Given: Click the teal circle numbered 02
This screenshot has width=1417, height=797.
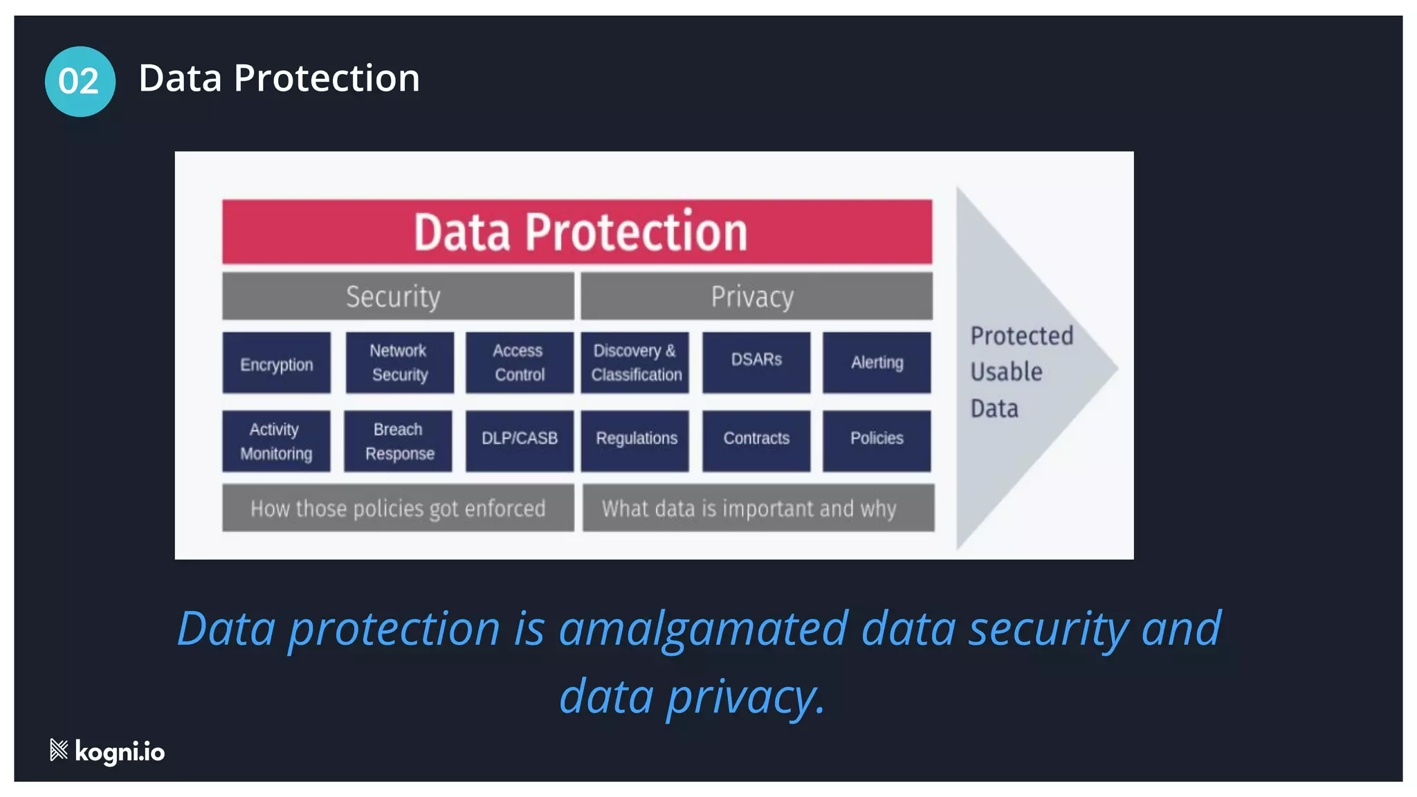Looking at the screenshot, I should coord(80,81).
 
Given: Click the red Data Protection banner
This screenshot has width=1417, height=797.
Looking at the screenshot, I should coord(577,232).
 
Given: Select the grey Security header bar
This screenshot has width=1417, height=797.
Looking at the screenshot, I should coord(398,296).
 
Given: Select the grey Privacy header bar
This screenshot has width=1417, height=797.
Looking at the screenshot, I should coord(756,296).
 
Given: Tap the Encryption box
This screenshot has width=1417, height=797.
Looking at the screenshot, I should coord(276,363).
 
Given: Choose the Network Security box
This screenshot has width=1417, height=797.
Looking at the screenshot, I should coord(399,363).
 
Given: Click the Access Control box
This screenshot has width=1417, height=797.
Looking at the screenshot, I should coord(519,363).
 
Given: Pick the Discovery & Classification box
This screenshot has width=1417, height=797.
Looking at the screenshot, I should coord(635,363).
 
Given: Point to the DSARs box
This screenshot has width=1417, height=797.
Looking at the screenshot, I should coord(756,362).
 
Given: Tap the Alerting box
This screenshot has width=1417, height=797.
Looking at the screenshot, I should coord(877,363).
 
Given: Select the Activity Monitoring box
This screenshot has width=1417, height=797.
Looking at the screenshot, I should coord(276,441).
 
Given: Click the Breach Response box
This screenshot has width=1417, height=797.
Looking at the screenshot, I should coord(399,441).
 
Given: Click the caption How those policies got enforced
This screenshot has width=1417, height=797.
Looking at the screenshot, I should coord(398,509).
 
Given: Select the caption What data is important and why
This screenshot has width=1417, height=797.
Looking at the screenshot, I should coord(758,509).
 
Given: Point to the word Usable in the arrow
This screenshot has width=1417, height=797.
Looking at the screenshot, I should coord(1006,372).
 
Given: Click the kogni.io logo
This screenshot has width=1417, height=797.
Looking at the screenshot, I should coord(108,751).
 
